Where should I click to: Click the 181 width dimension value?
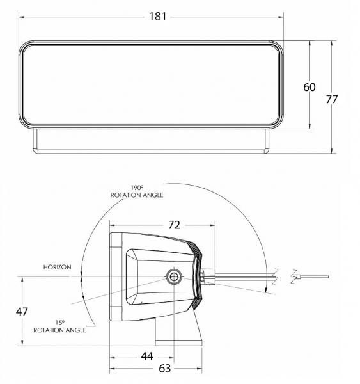point(158,17)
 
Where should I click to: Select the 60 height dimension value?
point(309,87)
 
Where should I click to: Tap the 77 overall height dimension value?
point(332,99)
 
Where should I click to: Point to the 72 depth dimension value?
point(175,225)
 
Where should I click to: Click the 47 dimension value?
point(22,312)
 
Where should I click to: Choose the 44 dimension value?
point(147,356)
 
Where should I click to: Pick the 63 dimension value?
point(165,368)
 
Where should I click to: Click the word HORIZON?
point(58,267)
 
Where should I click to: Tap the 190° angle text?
point(137,188)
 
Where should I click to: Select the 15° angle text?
point(60,323)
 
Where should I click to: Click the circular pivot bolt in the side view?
point(174,277)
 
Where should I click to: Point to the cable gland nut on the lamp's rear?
point(208,276)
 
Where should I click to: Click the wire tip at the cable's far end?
point(327,277)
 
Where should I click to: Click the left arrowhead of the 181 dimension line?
point(21,17)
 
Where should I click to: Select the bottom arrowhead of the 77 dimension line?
point(332,151)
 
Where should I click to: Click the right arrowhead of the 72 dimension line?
point(212,225)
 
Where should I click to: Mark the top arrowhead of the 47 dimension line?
point(22,279)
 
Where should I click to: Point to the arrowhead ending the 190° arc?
point(266,290)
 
